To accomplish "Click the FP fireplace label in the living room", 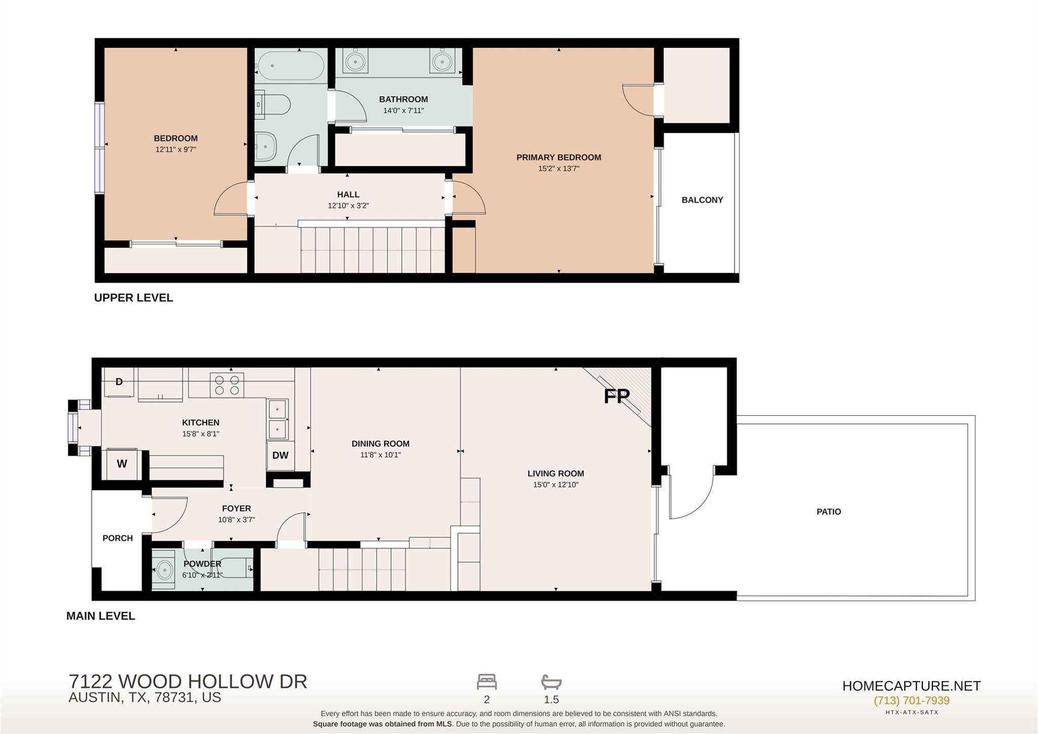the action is point(616,396).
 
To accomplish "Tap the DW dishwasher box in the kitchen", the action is point(280,456).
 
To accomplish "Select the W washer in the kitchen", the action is point(122,464).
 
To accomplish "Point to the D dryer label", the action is point(119,381).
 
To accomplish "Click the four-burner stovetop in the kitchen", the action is point(227,385).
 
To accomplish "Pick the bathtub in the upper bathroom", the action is point(290,65).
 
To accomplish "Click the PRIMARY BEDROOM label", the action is point(559,157).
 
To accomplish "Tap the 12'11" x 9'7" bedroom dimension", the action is point(175,150).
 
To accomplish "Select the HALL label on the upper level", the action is point(348,194).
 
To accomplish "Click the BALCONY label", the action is point(702,200).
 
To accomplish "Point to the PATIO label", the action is point(829,512).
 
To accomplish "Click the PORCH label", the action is point(118,538).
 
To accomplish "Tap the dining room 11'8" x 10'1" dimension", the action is point(381,455).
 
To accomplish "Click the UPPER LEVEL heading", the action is point(134,298).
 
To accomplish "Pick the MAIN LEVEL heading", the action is point(101,616).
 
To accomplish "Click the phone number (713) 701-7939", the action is point(911,701).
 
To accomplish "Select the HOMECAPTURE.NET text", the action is point(911,686).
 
